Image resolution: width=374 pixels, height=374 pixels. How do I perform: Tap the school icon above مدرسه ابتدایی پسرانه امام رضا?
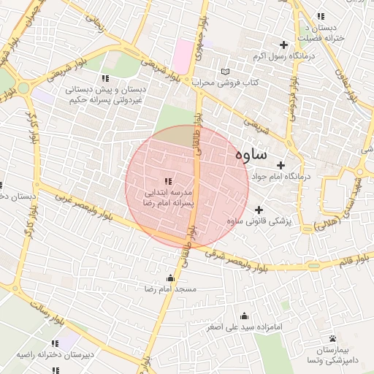(168, 180)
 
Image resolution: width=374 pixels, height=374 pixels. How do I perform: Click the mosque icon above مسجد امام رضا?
(171, 278)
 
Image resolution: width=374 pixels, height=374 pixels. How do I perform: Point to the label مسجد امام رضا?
(171, 290)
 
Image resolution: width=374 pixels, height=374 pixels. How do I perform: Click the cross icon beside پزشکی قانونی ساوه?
(259, 210)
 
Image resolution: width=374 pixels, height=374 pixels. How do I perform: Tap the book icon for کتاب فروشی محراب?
(225, 72)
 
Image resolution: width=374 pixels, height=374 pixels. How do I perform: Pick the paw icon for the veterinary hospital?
(333, 338)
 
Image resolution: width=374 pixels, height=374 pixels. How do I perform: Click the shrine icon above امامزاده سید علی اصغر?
(244, 316)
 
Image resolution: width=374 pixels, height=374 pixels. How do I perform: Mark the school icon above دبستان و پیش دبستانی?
(105, 78)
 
